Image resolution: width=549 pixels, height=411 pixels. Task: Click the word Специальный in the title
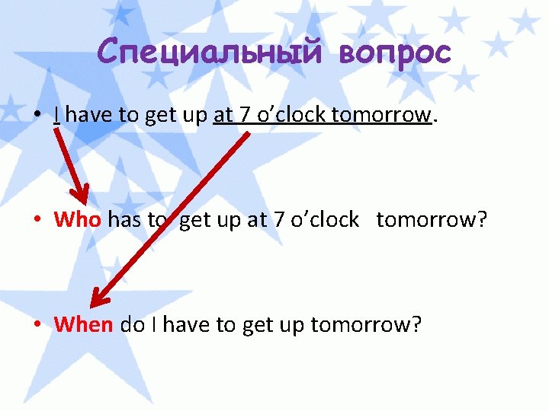click(201, 52)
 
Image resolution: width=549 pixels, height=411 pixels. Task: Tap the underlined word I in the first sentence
click(57, 115)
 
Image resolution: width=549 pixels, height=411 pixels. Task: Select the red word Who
click(77, 220)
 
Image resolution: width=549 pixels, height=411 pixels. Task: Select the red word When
click(84, 325)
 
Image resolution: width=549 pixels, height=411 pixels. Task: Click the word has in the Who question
click(124, 220)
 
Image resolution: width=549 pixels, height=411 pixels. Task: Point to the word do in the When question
click(132, 325)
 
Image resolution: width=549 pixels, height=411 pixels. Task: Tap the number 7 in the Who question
click(279, 220)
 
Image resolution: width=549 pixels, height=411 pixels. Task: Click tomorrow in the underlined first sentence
click(381, 115)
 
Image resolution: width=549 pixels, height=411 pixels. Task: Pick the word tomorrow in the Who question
click(425, 220)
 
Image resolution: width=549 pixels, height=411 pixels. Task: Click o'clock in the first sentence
click(290, 115)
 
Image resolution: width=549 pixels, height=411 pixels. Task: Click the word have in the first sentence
click(87, 115)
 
